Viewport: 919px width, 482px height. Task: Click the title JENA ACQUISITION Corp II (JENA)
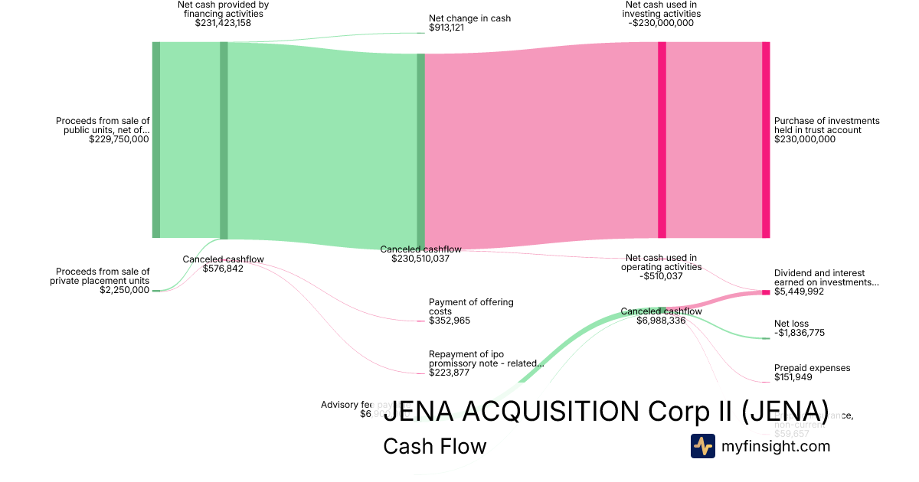[605, 411]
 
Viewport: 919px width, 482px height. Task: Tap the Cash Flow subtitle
[434, 446]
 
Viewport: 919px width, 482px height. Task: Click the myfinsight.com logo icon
[702, 446]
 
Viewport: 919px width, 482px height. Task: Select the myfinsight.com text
[776, 446]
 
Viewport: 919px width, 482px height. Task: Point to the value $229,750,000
[119, 139]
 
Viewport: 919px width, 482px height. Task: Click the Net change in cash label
[469, 18]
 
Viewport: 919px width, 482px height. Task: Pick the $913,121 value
[446, 28]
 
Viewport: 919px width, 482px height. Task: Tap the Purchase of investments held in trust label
[826, 125]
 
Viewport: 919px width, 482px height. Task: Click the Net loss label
[791, 324]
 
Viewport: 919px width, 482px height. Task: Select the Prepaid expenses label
[812, 368]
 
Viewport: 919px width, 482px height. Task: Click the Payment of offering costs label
[470, 307]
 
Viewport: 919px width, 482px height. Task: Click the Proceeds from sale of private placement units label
[103, 275]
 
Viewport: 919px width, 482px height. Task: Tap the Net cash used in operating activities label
[661, 262]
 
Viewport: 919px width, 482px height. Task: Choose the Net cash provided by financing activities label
[223, 9]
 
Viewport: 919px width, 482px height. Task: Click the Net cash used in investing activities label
[662, 9]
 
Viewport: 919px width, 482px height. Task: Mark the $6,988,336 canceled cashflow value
[661, 321]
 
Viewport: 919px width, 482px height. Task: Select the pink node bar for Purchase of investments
[766, 139]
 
